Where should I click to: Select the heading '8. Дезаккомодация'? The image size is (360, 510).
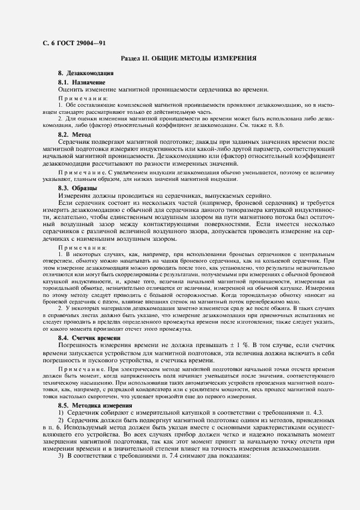[x=86, y=73]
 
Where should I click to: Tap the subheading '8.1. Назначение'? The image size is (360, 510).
[x=82, y=82]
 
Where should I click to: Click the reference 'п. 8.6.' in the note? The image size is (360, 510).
[x=308, y=125]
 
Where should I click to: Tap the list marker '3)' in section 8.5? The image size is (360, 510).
[x=60, y=456]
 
